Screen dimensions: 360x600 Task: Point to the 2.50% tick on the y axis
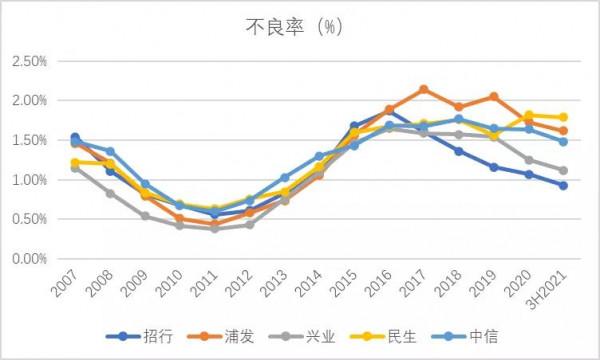[30, 62]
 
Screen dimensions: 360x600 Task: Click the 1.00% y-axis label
[30, 180]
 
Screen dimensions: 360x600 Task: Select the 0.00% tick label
[30, 259]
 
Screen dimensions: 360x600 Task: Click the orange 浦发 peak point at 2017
[424, 89]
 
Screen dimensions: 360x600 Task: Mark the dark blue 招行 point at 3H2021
[564, 185]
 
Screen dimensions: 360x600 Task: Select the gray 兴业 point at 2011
[214, 229]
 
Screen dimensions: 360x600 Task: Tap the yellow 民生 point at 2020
[529, 115]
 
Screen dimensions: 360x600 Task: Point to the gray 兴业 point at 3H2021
[564, 170]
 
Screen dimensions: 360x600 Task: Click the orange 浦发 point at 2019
[494, 97]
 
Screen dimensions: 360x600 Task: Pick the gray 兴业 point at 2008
[110, 193]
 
